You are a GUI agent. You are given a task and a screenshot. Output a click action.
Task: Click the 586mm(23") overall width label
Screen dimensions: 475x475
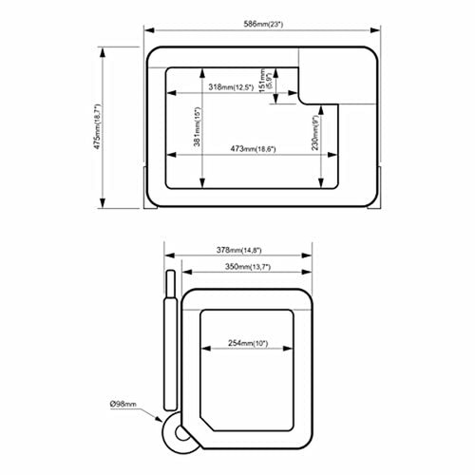(263, 24)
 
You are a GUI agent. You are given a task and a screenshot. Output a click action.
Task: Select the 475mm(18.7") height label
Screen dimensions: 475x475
(98, 126)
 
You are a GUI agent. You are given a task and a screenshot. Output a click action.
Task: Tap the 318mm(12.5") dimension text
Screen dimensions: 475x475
(231, 87)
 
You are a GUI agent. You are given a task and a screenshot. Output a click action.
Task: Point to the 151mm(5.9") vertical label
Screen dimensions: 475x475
(265, 81)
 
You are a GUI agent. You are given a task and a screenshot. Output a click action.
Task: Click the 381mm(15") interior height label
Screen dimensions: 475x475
(197, 127)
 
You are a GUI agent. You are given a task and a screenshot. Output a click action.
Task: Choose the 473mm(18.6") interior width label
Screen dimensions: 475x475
(254, 148)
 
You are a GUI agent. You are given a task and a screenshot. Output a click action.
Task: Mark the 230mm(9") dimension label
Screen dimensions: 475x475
(315, 133)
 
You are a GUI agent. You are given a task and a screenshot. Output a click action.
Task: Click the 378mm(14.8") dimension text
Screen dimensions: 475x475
(239, 250)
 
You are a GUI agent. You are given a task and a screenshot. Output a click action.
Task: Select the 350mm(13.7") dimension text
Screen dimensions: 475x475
(248, 267)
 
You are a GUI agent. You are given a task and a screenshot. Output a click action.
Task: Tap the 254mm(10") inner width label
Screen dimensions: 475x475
(248, 343)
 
